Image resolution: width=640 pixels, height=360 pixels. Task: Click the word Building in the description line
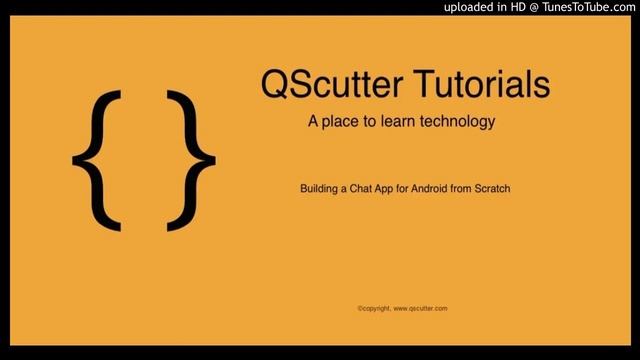click(x=320, y=188)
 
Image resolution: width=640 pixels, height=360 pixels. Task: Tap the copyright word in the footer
click(x=374, y=309)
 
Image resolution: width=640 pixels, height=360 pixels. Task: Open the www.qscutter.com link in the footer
click(x=420, y=309)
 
